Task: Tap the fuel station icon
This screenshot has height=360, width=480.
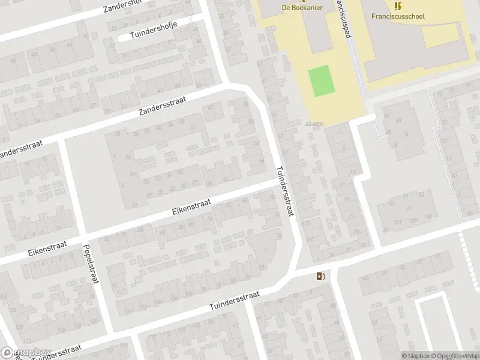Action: (x=321, y=276)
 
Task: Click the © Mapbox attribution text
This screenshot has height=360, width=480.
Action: (x=415, y=356)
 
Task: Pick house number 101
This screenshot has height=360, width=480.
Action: (x=397, y=221)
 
